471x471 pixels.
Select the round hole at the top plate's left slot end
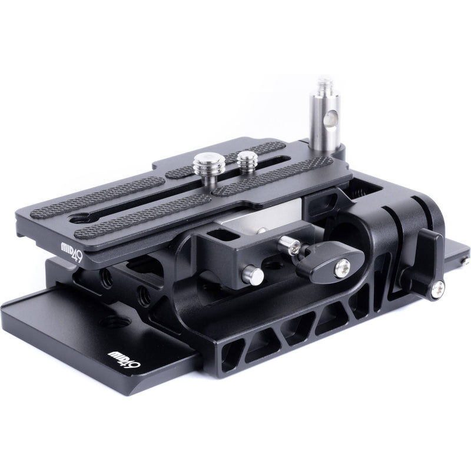(x=76, y=219)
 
